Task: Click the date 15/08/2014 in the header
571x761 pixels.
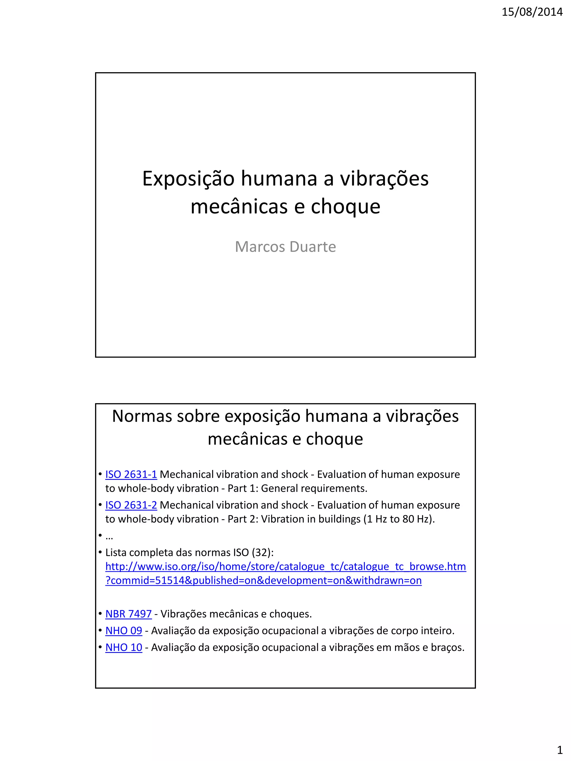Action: click(532, 12)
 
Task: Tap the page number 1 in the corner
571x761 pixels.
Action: click(560, 749)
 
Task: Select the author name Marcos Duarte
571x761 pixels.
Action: click(285, 247)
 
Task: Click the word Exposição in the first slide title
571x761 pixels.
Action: click(188, 179)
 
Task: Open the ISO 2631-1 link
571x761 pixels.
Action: click(131, 475)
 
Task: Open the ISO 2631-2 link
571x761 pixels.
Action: click(131, 505)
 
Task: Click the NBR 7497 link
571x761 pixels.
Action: click(128, 614)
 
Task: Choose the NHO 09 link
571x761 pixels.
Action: click(124, 631)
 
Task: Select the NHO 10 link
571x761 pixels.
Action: click(124, 648)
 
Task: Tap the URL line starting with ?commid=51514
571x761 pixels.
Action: click(263, 580)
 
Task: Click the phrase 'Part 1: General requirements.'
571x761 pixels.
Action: click(297, 488)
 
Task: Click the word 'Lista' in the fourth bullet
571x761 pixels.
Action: click(115, 553)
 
